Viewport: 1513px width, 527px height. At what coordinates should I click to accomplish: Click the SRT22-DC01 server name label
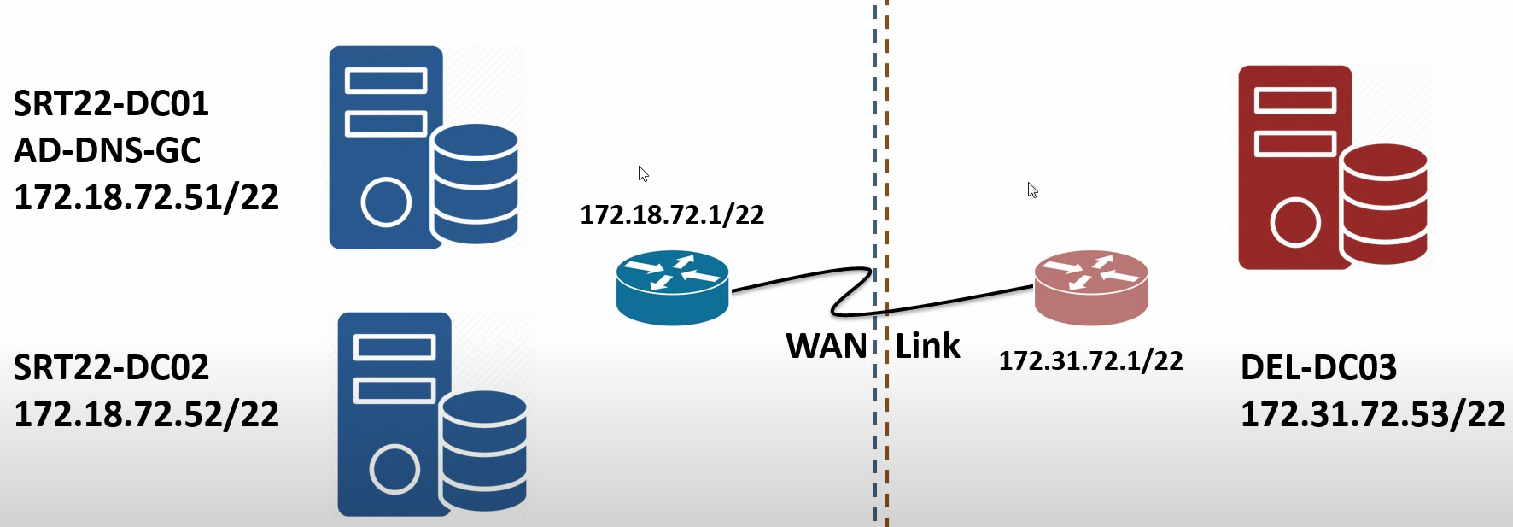coord(111,103)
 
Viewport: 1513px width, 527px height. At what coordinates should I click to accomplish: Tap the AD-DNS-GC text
coord(107,150)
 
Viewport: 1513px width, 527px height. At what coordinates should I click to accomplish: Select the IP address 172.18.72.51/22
coord(146,197)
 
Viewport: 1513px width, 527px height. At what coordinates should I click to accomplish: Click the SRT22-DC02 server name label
coord(111,367)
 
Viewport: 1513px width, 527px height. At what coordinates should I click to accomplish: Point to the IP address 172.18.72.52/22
coord(146,414)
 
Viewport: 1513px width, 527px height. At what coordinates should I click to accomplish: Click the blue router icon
coord(673,288)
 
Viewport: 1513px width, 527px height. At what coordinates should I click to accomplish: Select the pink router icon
coord(1091,288)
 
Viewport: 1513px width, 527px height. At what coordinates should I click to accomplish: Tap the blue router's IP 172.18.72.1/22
coord(672,214)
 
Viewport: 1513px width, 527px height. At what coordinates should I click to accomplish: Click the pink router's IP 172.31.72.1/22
coord(1090,360)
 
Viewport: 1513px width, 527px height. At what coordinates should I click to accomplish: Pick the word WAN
coord(827,346)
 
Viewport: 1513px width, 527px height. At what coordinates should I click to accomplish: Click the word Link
coord(927,346)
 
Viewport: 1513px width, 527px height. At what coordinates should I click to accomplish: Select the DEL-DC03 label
coord(1318,367)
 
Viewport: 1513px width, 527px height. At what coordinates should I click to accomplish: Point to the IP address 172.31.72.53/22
coord(1373,414)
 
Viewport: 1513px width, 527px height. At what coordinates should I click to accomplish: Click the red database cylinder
coord(1384,203)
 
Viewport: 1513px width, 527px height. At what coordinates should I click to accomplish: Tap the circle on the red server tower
coord(1295,222)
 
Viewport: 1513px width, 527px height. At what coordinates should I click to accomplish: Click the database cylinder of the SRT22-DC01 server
coord(475,184)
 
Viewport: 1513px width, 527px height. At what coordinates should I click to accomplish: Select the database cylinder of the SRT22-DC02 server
coord(483,450)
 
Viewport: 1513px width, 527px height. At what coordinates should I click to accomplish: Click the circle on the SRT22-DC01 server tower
coord(386,202)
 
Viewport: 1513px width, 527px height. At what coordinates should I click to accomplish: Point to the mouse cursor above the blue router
coord(643,173)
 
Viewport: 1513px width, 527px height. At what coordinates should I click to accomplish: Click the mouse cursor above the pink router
coord(1032,190)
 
